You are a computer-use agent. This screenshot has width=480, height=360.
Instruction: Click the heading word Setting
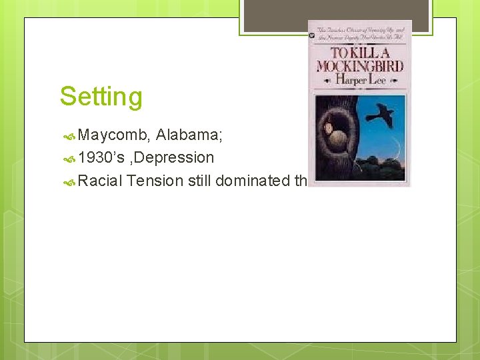point(101,97)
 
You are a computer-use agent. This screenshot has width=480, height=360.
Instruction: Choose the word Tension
point(155,180)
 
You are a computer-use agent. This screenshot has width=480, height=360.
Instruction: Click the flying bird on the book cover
point(380,115)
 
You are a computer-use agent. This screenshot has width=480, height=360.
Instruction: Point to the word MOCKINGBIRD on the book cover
point(359,67)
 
